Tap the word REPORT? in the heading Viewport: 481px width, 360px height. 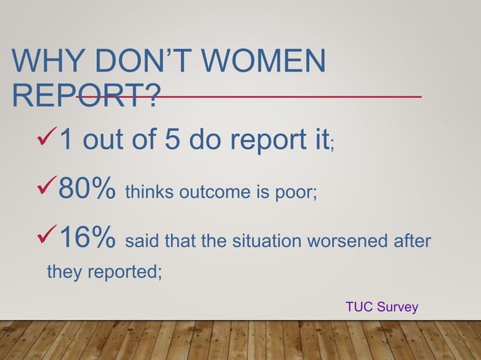click(87, 96)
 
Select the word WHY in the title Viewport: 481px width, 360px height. click(47, 63)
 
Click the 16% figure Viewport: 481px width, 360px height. click(86, 241)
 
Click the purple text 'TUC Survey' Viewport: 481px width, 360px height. click(381, 307)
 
